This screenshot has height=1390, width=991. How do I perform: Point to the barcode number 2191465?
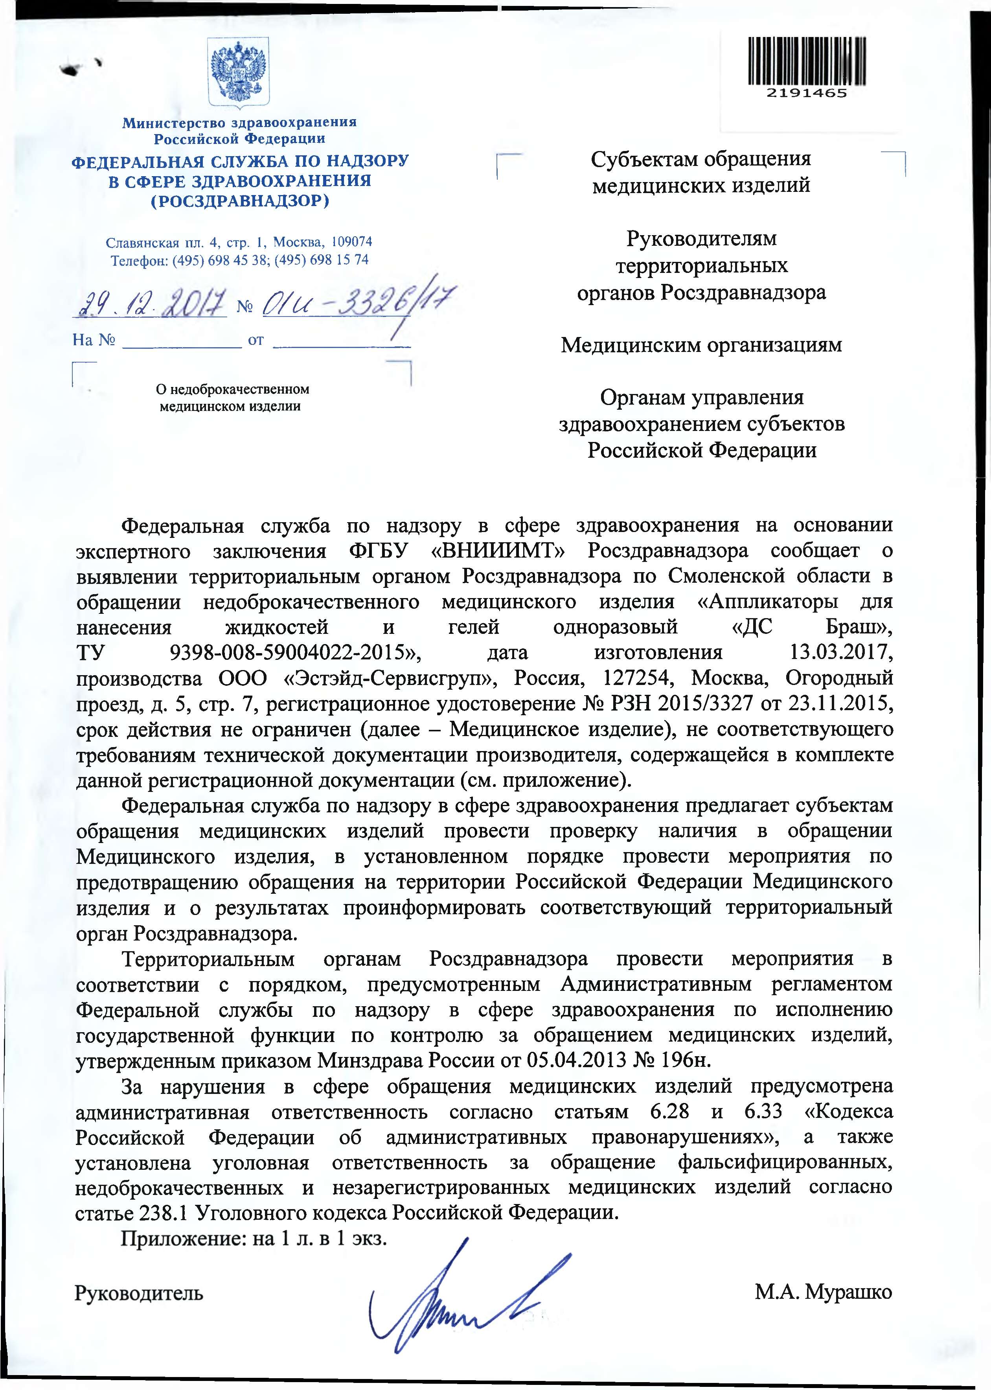pos(807,94)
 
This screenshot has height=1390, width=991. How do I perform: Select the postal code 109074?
pos(349,242)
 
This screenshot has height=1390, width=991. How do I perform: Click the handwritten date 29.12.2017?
pos(149,302)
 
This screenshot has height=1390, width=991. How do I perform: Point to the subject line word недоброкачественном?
pos(232,389)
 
